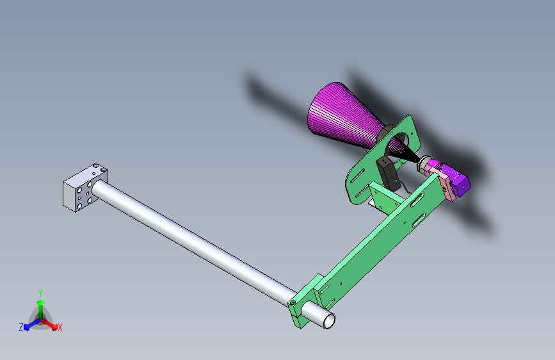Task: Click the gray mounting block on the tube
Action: pos(85,188)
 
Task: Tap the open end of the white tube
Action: pos(329,322)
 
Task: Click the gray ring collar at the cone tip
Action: pos(423,164)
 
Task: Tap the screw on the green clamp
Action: pos(293,302)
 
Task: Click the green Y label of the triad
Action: pos(40,293)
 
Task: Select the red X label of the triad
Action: pos(60,327)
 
